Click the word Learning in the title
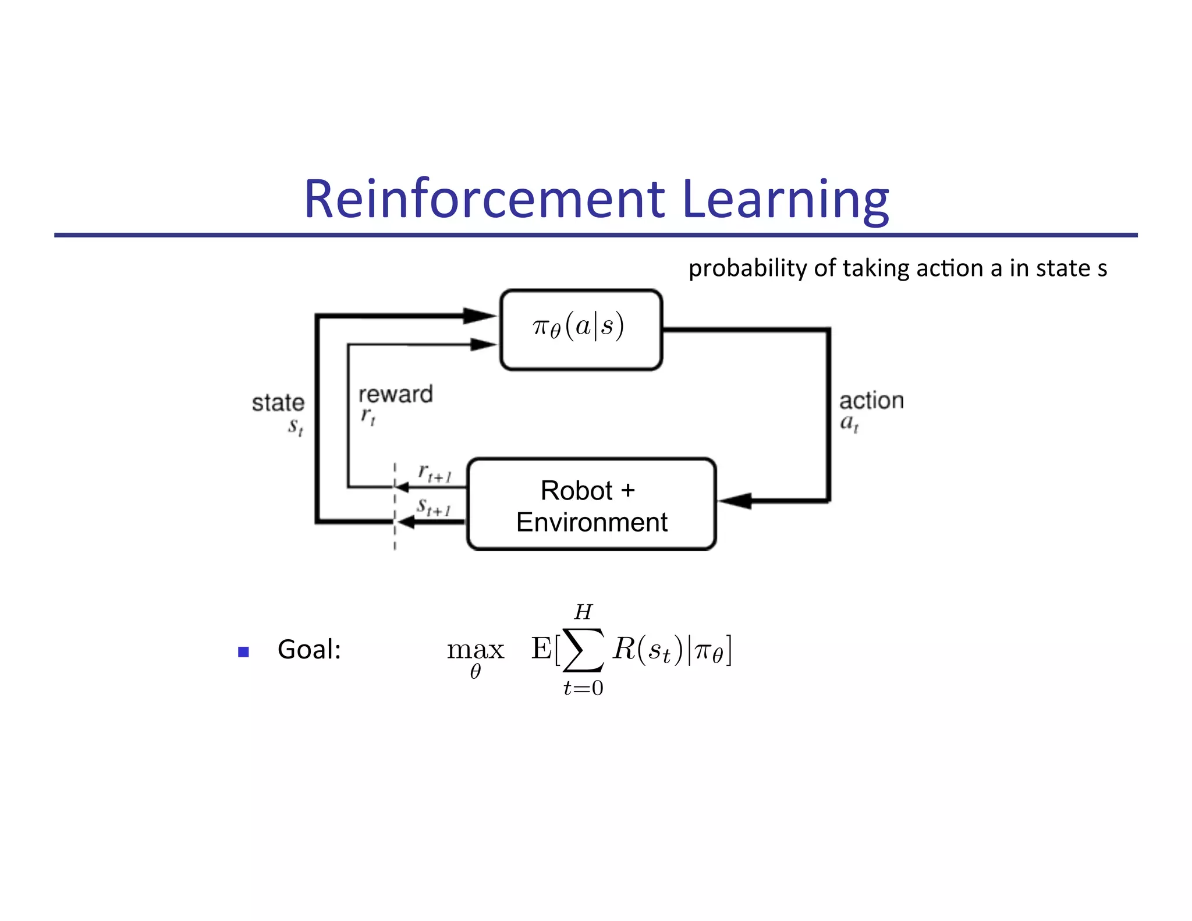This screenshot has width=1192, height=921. [x=785, y=199]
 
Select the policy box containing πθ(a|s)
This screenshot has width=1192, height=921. [x=581, y=330]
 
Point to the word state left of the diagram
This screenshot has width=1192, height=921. [x=278, y=403]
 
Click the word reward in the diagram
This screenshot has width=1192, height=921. [x=395, y=395]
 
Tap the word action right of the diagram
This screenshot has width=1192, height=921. [x=871, y=401]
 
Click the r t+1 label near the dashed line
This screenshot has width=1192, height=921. [x=434, y=473]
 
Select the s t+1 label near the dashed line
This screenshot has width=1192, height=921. [x=434, y=507]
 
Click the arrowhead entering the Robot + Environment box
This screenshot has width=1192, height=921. [x=735, y=500]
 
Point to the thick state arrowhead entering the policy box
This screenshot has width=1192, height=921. [x=481, y=316]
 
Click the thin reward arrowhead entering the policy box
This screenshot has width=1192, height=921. [x=483, y=345]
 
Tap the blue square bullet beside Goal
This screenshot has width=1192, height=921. [x=243, y=652]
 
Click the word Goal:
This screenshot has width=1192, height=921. [x=309, y=650]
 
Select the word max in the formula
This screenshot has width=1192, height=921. [x=475, y=650]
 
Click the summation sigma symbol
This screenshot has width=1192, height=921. [x=583, y=650]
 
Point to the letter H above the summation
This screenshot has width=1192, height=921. [x=583, y=612]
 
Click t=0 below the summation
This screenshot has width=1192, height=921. [x=583, y=689]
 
